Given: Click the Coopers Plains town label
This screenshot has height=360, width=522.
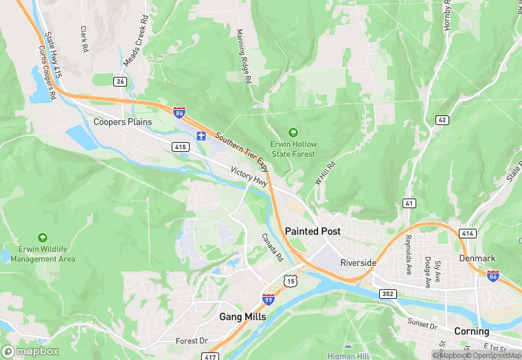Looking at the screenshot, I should (122, 122).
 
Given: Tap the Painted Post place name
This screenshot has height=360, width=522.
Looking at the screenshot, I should (313, 232).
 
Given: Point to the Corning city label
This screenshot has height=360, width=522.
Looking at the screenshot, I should (471, 331).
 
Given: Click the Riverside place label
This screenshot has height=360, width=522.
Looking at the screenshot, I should (359, 262).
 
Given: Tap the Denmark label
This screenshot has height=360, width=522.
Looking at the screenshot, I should (477, 258).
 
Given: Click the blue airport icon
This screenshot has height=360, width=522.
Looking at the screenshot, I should (201, 135).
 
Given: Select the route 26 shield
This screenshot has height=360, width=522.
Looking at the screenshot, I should (121, 82).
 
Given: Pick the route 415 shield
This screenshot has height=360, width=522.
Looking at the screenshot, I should (181, 147).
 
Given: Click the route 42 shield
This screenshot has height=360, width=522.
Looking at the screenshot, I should (442, 120).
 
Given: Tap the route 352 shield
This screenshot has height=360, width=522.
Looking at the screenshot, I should (387, 294).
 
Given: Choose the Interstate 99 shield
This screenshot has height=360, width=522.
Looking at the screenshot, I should (269, 299).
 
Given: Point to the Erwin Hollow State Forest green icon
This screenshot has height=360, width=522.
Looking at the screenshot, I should (293, 132).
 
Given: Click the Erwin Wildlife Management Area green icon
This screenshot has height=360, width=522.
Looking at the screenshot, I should (43, 236).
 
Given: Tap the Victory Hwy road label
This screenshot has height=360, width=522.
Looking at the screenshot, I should (249, 177).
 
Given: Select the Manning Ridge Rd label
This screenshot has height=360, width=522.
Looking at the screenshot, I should (244, 57).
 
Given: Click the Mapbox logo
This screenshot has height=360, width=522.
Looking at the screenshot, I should (30, 351).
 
